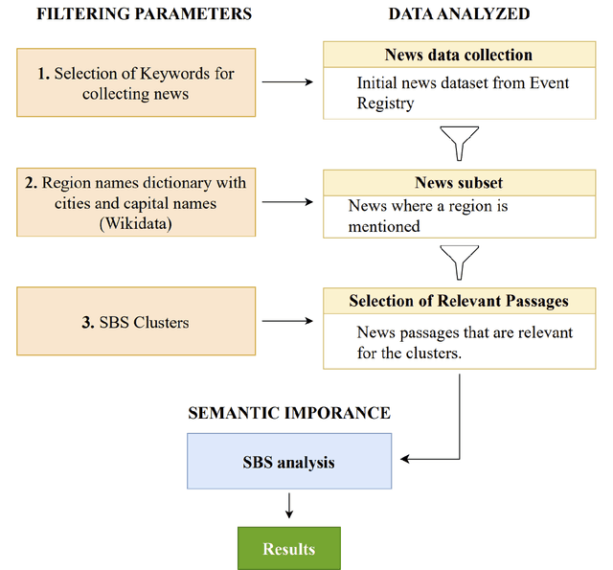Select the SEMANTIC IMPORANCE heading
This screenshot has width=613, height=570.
pyautogui.click(x=288, y=413)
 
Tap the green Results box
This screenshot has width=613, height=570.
pyautogui.click(x=288, y=549)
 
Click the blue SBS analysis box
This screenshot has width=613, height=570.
pyautogui.click(x=288, y=463)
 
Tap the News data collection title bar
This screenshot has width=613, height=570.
pyautogui.click(x=458, y=56)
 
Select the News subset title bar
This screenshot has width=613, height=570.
pyautogui.click(x=458, y=182)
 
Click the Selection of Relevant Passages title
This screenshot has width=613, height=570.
pyautogui.click(x=458, y=301)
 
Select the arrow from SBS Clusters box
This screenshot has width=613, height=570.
pyautogui.click(x=288, y=323)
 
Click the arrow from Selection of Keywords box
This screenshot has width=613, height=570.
pyautogui.click(x=288, y=82)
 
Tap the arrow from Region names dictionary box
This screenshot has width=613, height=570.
pyautogui.click(x=288, y=202)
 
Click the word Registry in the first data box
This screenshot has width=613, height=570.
pyautogui.click(x=385, y=103)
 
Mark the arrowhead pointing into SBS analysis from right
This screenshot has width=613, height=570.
pyautogui.click(x=405, y=460)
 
